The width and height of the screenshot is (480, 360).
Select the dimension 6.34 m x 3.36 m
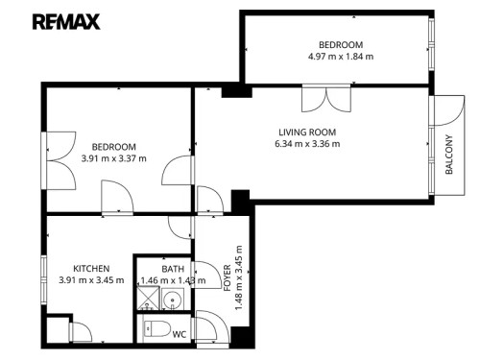(307, 144)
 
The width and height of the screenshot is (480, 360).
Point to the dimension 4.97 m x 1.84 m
(340, 58)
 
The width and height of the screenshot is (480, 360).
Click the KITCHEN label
(91, 268)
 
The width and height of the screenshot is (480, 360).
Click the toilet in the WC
(155, 332)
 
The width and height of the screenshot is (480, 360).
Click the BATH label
(173, 269)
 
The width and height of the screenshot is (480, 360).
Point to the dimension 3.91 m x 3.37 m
(113, 158)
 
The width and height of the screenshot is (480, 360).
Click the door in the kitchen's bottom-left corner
(82, 332)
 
